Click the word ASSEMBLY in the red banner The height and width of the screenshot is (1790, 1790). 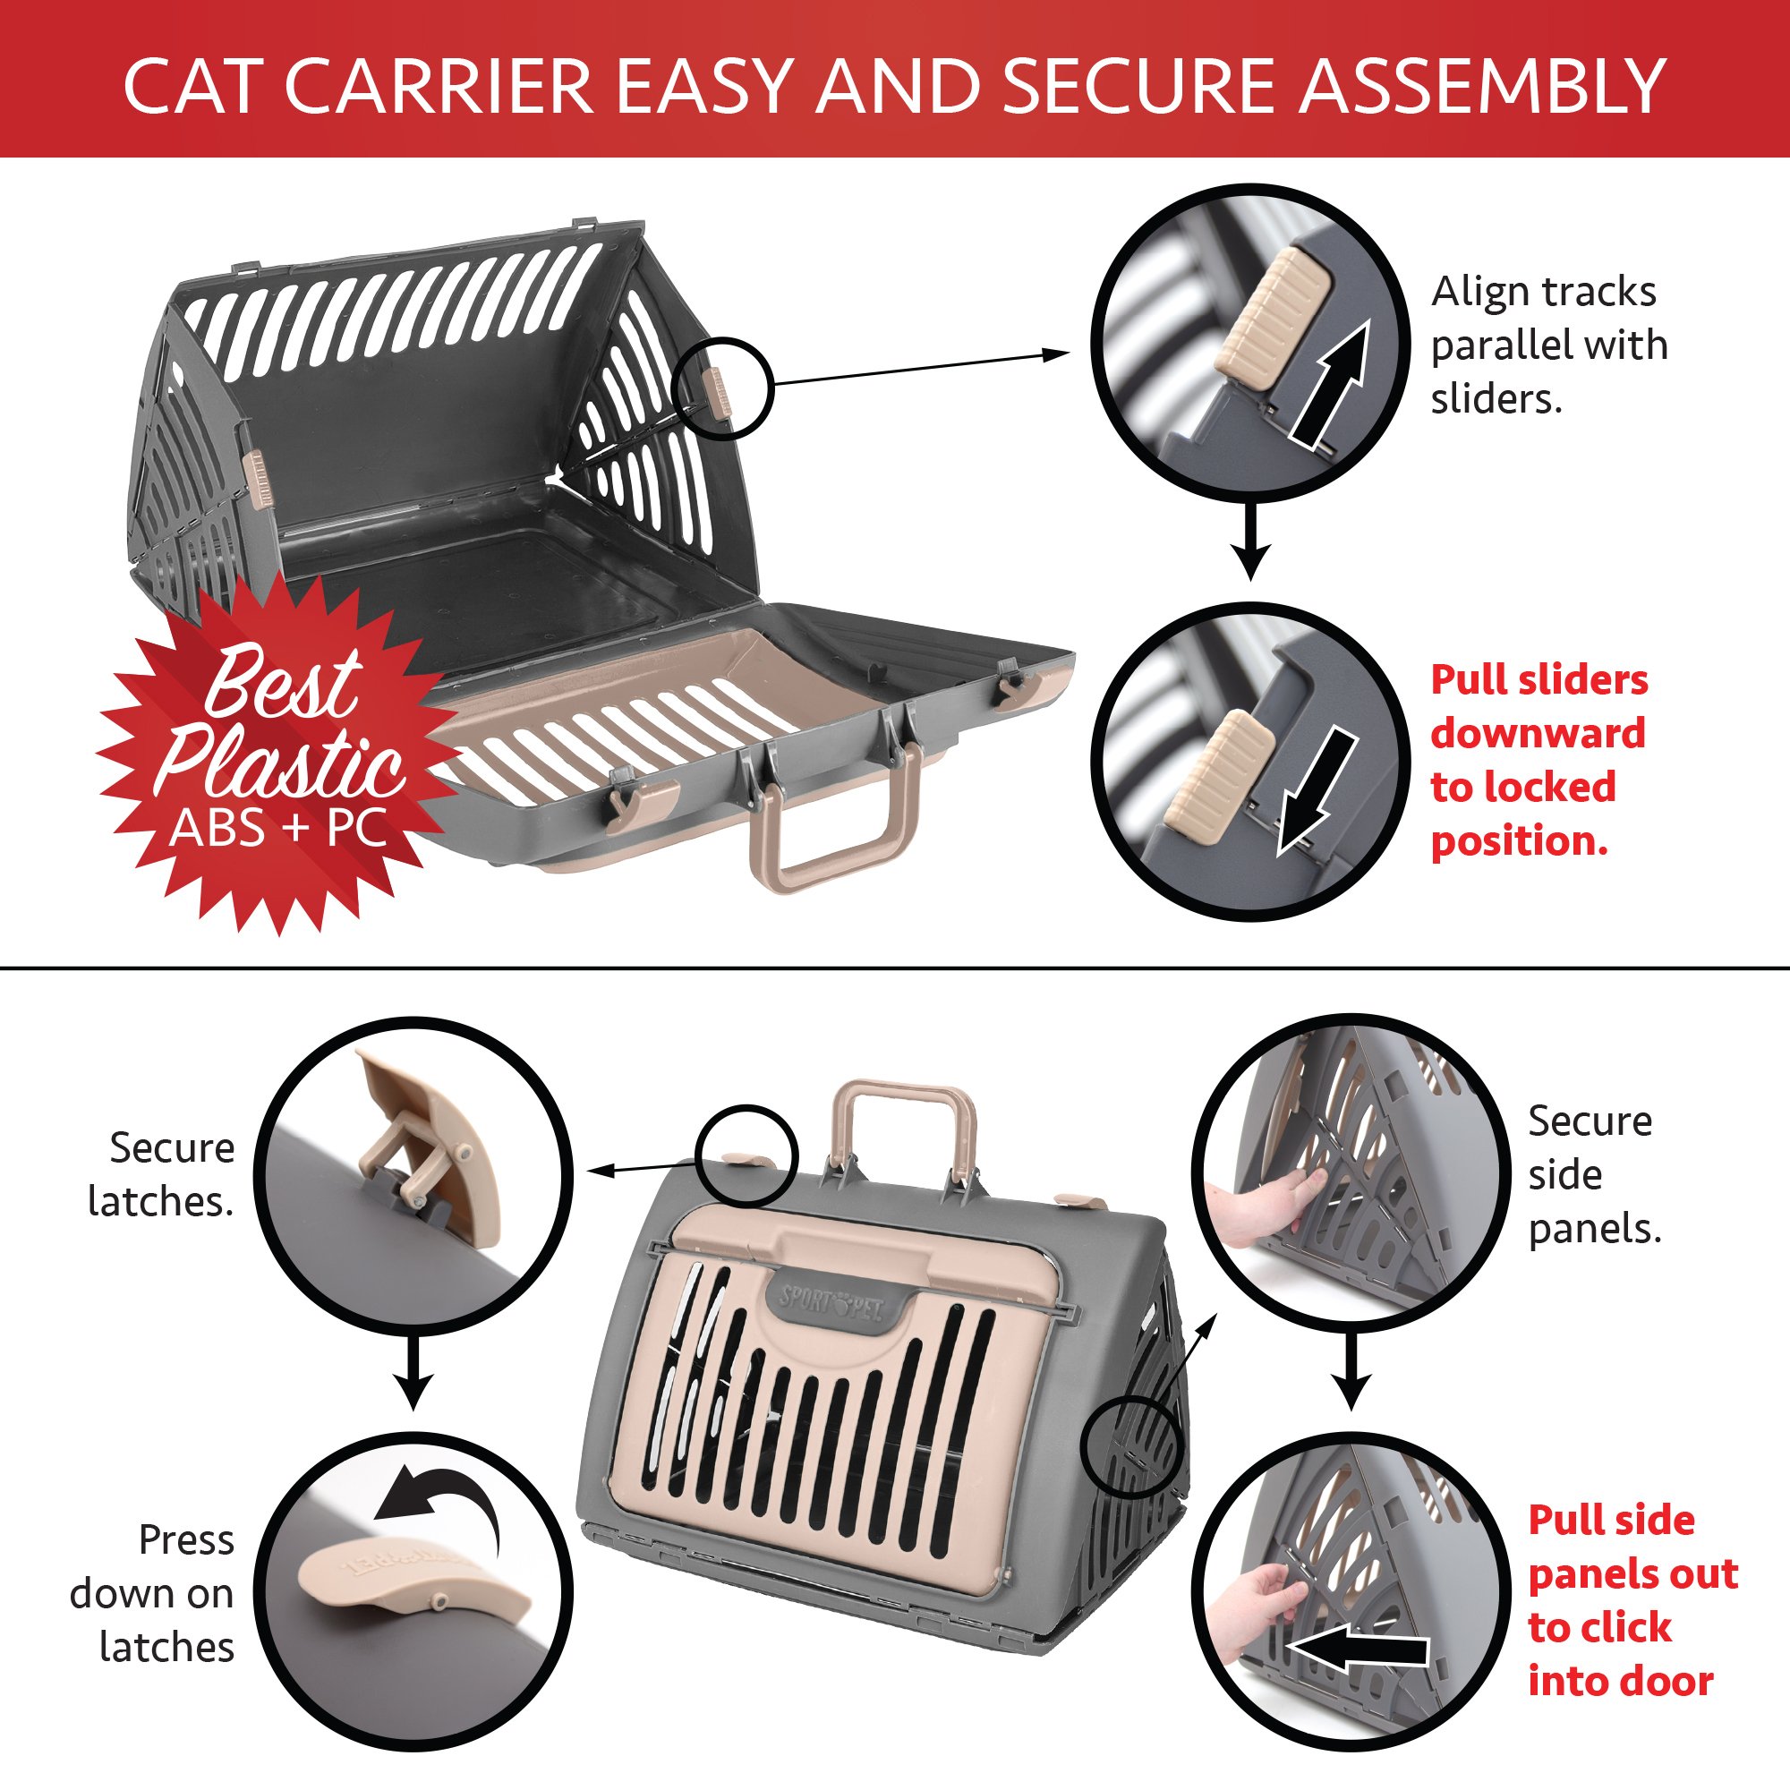(1482, 86)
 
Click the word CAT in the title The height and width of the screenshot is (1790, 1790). (196, 86)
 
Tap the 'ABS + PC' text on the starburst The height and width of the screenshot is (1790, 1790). (278, 827)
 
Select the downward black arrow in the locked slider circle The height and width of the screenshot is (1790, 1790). (1316, 790)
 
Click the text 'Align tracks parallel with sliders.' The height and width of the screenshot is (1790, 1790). (1548, 345)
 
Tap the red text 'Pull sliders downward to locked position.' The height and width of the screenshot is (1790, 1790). (1538, 760)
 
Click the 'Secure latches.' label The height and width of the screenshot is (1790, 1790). (162, 1174)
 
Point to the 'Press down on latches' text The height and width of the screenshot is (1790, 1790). (153, 1594)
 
